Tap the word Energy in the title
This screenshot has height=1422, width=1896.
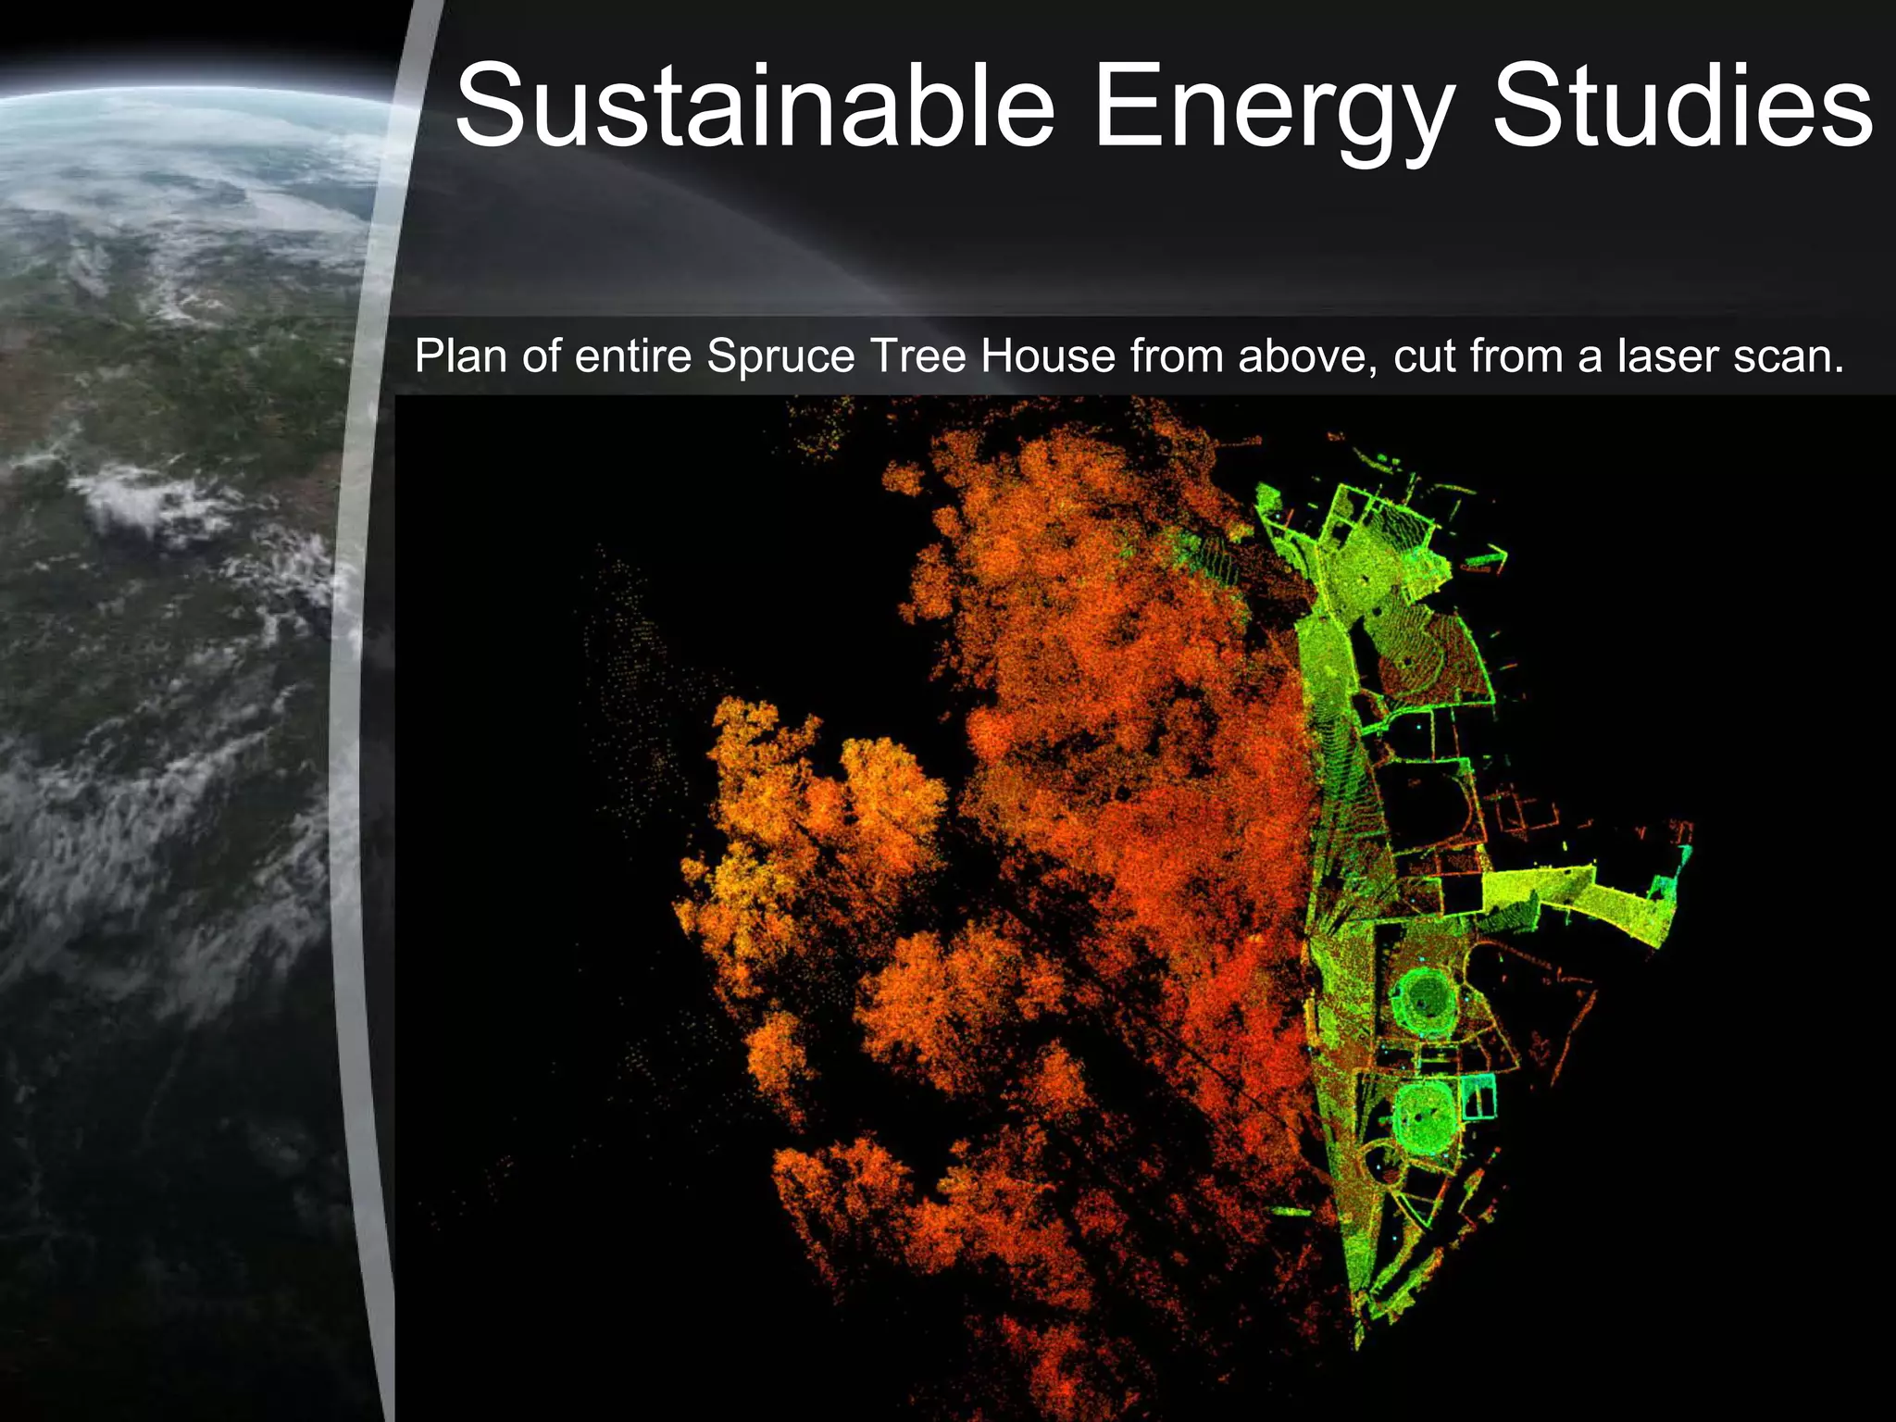[1274, 109]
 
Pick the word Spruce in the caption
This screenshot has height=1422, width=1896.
[780, 357]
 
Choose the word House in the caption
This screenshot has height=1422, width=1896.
[1048, 355]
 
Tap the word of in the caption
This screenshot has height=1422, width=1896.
[540, 355]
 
